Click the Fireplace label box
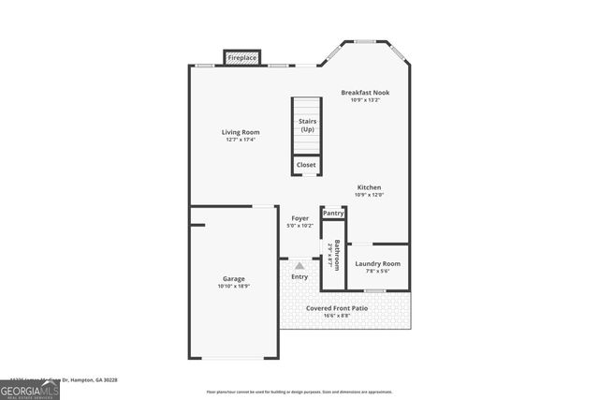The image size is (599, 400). click(242, 58)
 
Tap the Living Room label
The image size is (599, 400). click(241, 132)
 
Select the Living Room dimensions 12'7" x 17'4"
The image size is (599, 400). click(241, 140)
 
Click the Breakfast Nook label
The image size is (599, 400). click(364, 93)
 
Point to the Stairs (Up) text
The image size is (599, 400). click(307, 126)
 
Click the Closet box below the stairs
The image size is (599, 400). click(307, 165)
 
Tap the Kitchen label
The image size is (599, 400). click(370, 187)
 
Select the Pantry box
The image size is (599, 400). click(333, 214)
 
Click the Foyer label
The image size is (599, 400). click(299, 218)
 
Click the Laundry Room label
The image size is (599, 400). click(379, 263)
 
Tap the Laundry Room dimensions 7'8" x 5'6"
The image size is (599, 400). click(379, 271)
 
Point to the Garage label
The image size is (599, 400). click(234, 279)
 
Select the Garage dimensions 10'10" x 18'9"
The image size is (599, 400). click(234, 287)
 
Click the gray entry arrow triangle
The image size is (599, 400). click(299, 266)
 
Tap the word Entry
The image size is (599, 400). click(299, 276)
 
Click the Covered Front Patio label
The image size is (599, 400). click(337, 307)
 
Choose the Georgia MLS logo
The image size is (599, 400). click(30, 391)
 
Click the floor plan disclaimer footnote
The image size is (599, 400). click(299, 392)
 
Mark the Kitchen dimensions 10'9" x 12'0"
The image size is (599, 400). click(370, 195)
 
